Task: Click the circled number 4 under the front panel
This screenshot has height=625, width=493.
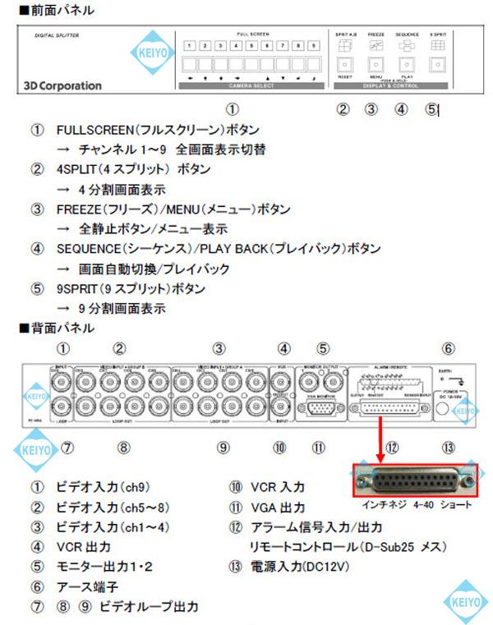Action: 401,108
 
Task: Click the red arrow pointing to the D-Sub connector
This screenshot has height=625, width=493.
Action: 381,432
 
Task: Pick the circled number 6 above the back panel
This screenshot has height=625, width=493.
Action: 448,348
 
